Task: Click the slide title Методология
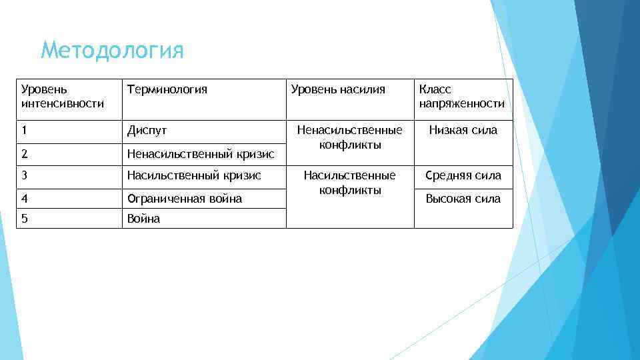[x=111, y=51]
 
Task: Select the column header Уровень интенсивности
[x=63, y=97]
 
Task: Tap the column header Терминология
[x=167, y=89]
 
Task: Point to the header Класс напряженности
[x=461, y=97]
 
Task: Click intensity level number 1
[x=25, y=131]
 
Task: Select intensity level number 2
[x=25, y=154]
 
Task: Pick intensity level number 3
[x=25, y=176]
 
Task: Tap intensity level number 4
[x=25, y=199]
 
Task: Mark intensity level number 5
[x=25, y=219]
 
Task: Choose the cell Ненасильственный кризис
[x=201, y=154]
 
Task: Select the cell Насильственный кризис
[x=194, y=176]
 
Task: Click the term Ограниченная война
[x=185, y=199]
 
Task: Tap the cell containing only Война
[x=144, y=219]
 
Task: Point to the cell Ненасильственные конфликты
[x=349, y=137]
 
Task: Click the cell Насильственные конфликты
[x=349, y=183]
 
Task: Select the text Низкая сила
[x=463, y=131]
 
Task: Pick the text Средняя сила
[x=463, y=176]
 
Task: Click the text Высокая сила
[x=463, y=199]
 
